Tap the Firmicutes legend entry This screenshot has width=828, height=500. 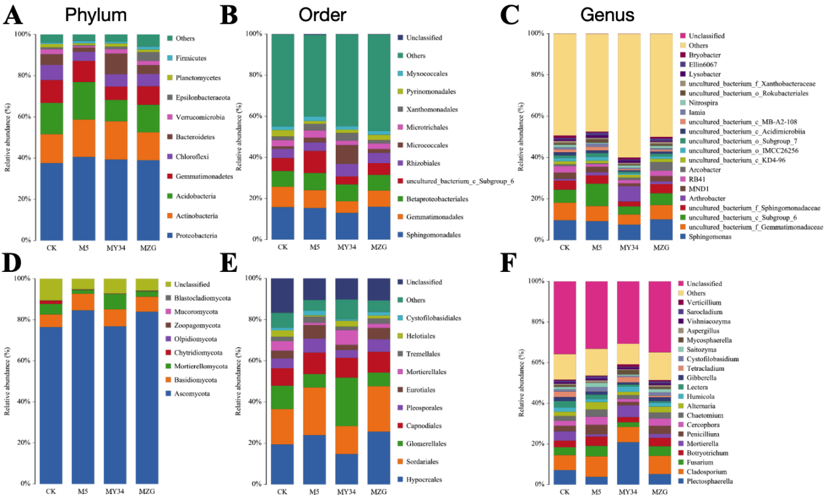[x=194, y=58]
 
